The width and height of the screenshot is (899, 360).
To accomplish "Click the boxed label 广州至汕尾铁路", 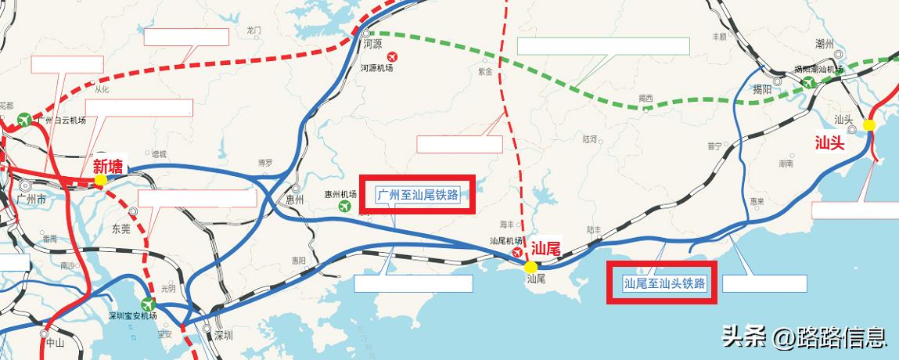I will (x=418, y=194).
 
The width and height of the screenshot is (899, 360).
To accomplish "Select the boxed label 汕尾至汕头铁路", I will (x=665, y=283).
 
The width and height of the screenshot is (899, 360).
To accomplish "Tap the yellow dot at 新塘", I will (x=100, y=180).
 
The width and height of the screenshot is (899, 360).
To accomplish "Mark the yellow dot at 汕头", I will (x=868, y=125).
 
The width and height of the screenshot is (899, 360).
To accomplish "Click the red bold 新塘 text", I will (x=110, y=166).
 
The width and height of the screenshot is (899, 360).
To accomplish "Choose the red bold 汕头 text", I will (x=830, y=143).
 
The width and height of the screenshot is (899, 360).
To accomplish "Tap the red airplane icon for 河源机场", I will (x=391, y=56).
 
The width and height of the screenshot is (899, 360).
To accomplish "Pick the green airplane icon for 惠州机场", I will (x=345, y=206).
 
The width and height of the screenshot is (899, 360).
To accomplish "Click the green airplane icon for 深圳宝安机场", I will (x=148, y=304).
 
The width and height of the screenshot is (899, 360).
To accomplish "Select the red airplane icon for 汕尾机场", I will (x=516, y=253).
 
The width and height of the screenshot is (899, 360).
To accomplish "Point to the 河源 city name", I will (x=372, y=45).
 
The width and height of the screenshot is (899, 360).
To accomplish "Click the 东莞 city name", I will (x=121, y=229).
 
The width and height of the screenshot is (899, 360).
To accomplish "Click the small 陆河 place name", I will (x=590, y=139).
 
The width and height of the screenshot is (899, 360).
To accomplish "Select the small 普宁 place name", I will (x=714, y=146).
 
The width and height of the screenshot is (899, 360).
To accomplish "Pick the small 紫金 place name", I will (x=485, y=72).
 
